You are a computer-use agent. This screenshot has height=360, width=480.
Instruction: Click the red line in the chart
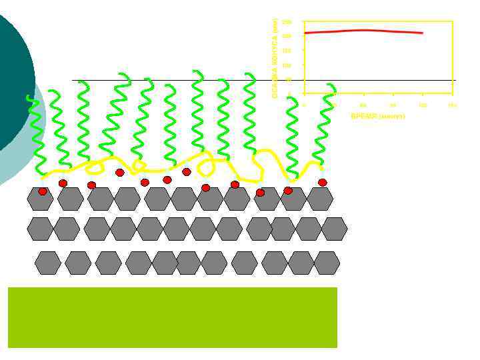363,31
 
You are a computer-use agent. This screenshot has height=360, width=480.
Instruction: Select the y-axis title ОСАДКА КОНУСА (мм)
275,58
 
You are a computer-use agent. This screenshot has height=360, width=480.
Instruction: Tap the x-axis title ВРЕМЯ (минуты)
377,116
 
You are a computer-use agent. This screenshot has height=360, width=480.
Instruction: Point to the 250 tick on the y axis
287,22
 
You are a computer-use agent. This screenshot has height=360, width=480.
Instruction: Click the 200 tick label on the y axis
287,36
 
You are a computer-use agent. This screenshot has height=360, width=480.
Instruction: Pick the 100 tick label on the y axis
287,65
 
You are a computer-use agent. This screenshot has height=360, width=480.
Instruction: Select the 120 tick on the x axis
422,105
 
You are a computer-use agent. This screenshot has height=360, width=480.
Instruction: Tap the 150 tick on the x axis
452,105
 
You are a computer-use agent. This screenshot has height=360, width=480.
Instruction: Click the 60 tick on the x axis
363,105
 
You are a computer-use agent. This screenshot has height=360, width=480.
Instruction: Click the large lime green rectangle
172,317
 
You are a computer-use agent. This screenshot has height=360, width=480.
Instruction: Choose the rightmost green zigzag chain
325,127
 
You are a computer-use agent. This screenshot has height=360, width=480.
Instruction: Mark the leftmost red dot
43,191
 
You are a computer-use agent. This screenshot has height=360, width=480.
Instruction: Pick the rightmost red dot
323,183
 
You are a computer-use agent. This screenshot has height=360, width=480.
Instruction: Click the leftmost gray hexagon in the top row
40,199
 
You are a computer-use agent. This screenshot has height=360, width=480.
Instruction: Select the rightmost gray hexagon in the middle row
334,229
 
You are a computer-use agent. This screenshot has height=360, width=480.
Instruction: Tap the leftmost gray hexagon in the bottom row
48,263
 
